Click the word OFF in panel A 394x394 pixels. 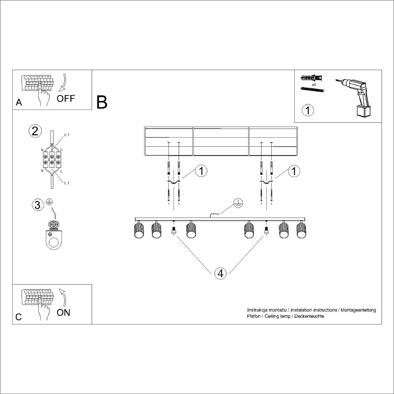[x=66, y=99]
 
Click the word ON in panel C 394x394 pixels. [x=64, y=313]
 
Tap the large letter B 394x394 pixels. [x=102, y=102]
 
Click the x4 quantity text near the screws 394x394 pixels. [x=314, y=85]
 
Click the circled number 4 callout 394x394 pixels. [x=220, y=273]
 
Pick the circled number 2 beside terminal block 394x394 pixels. [x=35, y=131]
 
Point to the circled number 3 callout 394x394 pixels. [x=38, y=205]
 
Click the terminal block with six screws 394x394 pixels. [x=51, y=159]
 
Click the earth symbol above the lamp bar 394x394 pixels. [x=239, y=204]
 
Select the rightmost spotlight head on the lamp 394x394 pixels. [x=302, y=230]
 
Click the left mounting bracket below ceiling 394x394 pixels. [x=173, y=182]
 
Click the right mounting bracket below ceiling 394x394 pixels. [x=266, y=182]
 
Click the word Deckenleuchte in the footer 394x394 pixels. [x=309, y=316]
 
